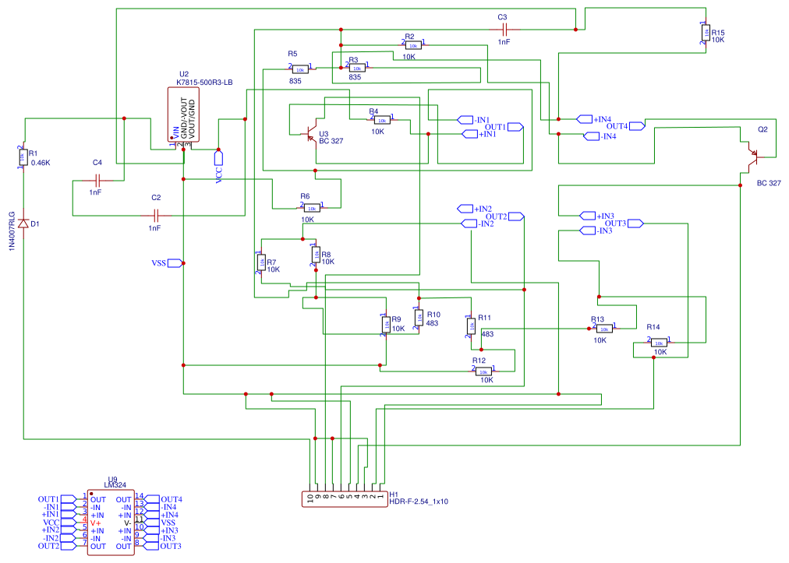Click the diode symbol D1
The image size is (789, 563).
pyautogui.click(x=24, y=223)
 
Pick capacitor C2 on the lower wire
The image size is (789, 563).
pyautogui.click(x=156, y=214)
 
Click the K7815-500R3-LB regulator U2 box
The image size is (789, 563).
pyautogui.click(x=182, y=114)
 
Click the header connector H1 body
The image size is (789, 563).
pyautogui.click(x=344, y=498)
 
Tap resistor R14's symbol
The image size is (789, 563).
pyautogui.click(x=658, y=342)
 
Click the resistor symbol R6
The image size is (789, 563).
pyautogui.click(x=310, y=207)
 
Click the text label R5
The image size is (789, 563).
pyautogui.click(x=292, y=53)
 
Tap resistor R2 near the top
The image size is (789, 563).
pyautogui.click(x=411, y=45)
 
